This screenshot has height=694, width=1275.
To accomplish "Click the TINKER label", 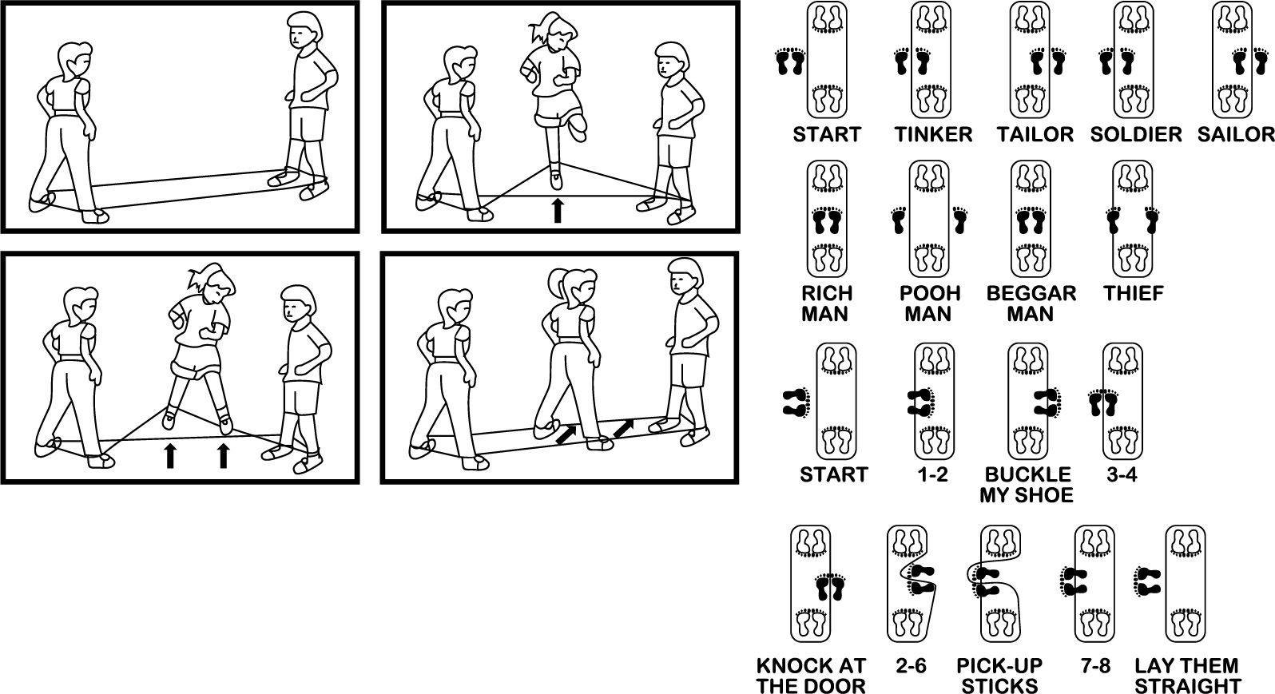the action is click(933, 135).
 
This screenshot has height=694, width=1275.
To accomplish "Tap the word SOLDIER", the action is click(1136, 135).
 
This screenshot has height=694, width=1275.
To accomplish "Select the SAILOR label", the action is click(1236, 135).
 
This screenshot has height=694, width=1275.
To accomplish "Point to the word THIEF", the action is click(1134, 294).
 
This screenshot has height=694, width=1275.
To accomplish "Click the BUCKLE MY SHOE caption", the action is click(1027, 485).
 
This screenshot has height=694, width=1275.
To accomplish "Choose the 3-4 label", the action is click(1122, 474).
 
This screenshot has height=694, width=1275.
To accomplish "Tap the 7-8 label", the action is click(1095, 665).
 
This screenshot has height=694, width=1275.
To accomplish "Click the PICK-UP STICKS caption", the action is click(999, 676).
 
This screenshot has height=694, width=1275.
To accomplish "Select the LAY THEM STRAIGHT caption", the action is click(1187, 676).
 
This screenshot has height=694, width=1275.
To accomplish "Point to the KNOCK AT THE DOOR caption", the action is click(811, 676).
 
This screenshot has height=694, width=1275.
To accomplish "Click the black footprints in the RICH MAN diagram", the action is click(827, 220).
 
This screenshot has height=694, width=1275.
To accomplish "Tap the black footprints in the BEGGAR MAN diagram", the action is click(1031, 220).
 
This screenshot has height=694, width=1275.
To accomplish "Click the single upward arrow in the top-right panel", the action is click(558, 211).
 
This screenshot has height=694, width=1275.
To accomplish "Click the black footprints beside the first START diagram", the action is click(791, 61).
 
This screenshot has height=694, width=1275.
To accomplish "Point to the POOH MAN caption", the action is click(929, 303).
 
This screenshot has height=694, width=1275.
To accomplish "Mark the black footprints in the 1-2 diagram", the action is click(920, 403).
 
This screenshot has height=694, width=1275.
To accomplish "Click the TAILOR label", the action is click(1035, 135).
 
